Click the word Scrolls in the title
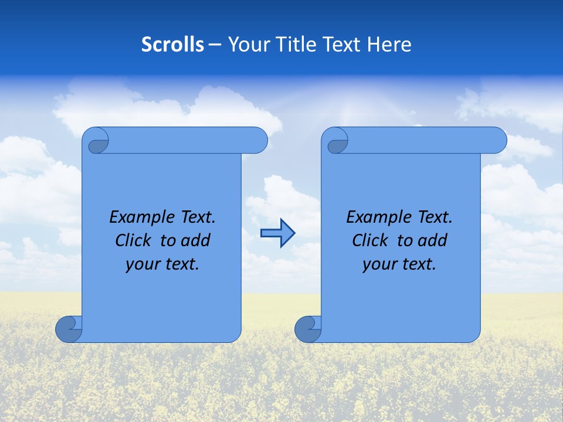pyautogui.click(x=173, y=45)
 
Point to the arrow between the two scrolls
pyautogui.click(x=277, y=233)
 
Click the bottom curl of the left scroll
pyautogui.click(x=69, y=329)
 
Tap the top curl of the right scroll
pyautogui.click(x=336, y=141)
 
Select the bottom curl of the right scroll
pyautogui.click(x=308, y=329)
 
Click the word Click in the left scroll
pyautogui.click(x=135, y=240)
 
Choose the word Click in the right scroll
pyautogui.click(x=371, y=240)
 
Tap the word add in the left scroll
pyautogui.click(x=195, y=240)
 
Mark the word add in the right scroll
pyautogui.click(x=432, y=240)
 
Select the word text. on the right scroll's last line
pyautogui.click(x=418, y=264)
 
